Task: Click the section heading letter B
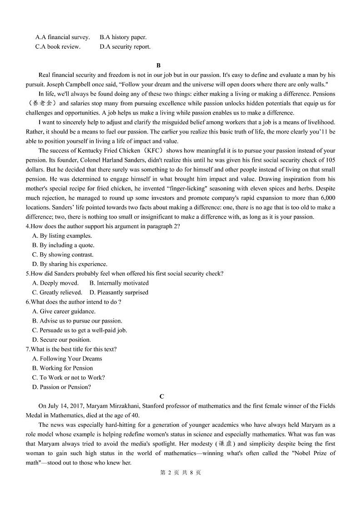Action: tap(158, 65)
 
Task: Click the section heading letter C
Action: tap(162, 396)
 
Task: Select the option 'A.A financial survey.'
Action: tap(62, 37)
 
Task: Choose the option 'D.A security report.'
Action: tap(125, 46)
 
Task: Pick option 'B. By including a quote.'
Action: tap(63, 245)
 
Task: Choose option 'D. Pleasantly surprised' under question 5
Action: tap(119, 292)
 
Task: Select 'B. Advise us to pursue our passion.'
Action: tap(77, 321)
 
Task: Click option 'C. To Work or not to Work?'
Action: tap(69, 377)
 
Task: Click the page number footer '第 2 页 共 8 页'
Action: tap(180, 472)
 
